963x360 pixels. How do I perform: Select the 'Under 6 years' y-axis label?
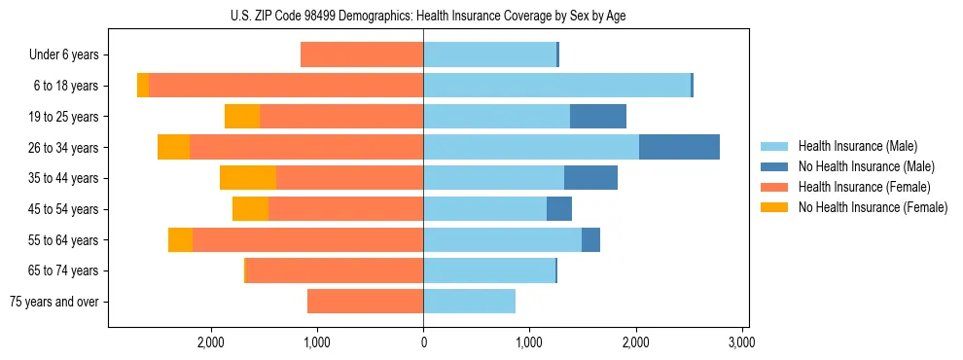[64, 55]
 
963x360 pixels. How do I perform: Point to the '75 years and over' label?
[54, 302]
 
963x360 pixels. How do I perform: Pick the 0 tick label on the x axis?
[423, 343]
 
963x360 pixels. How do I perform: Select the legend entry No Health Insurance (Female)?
[872, 207]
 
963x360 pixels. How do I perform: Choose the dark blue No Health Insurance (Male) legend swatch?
[774, 166]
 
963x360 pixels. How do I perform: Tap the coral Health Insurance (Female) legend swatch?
[774, 187]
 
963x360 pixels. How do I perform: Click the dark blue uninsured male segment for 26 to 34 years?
[679, 148]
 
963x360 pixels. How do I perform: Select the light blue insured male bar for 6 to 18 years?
[556, 86]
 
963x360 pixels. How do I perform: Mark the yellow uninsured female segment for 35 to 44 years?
[248, 178]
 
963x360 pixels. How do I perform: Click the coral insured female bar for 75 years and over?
[365, 302]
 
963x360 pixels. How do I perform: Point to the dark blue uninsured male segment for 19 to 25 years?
[597, 117]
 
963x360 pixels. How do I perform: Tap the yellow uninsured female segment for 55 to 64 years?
[180, 240]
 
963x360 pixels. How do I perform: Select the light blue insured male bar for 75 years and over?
[469, 302]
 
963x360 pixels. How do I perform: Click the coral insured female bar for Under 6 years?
[362, 55]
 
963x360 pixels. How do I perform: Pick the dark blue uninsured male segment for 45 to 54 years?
[559, 209]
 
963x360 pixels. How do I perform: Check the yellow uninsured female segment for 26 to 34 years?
[173, 148]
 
